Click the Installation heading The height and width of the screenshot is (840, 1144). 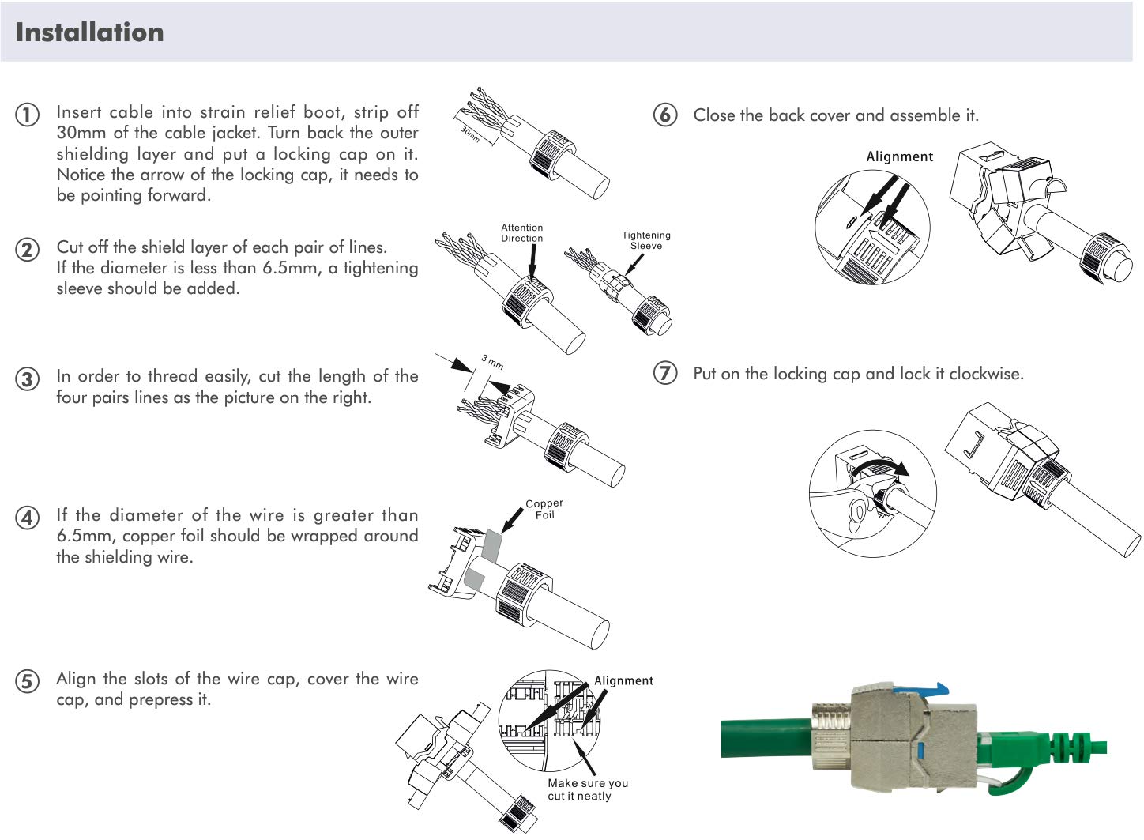[89, 32]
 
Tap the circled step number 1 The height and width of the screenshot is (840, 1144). [27, 115]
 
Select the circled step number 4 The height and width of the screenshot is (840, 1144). [27, 518]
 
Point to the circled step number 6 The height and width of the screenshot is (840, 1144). [665, 115]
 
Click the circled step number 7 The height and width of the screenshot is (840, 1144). [665, 373]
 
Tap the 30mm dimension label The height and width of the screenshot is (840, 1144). [470, 134]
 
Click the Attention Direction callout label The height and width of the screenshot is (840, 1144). [521, 233]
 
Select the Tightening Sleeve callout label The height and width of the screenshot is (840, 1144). [645, 240]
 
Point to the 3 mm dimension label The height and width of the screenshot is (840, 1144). [492, 363]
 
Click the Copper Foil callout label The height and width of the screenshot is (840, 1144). [544, 509]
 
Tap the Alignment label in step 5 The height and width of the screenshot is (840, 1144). [623, 680]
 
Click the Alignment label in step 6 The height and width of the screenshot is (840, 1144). [899, 156]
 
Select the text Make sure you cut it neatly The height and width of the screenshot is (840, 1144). [588, 789]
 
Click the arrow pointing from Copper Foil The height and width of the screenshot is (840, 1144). [511, 521]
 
